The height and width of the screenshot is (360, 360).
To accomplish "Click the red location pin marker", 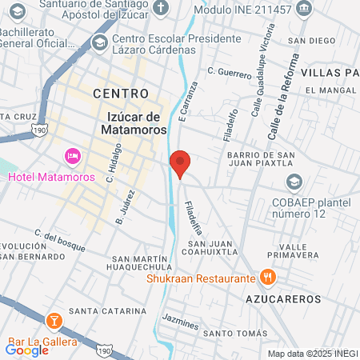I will (181, 164).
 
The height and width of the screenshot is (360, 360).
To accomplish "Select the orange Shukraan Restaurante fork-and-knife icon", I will (268, 278).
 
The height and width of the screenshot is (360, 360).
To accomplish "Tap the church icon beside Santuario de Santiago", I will (161, 9).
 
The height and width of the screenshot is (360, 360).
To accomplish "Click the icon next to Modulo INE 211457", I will (303, 8).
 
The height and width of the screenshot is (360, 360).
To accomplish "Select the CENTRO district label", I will (121, 94).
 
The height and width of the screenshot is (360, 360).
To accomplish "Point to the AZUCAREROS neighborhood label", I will (283, 298).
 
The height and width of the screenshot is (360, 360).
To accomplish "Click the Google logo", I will (26, 349).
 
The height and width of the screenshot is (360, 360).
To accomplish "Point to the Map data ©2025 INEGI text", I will (312, 354).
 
